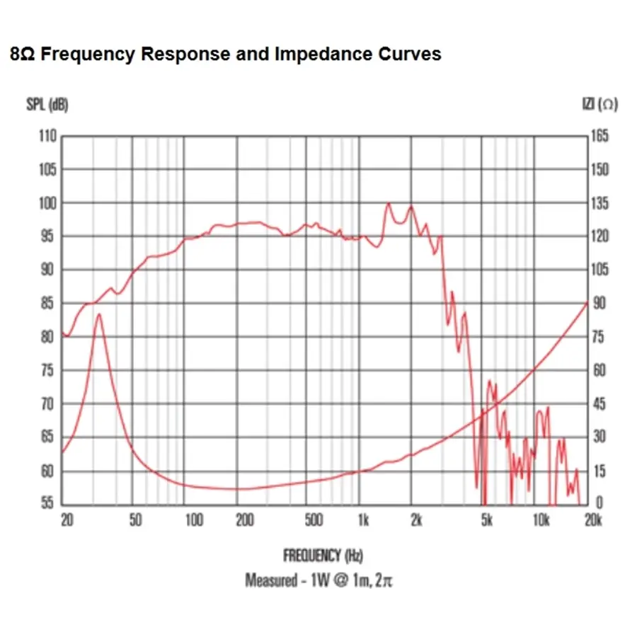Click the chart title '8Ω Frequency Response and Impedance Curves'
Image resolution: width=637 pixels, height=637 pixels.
[226, 54]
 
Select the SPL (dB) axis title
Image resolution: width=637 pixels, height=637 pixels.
[47, 105]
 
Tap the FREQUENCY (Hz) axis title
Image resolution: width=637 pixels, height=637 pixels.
[323, 556]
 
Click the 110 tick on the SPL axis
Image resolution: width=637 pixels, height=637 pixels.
[48, 136]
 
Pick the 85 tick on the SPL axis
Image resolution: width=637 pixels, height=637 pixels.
[48, 304]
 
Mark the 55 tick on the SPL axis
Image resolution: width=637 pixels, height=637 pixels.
[48, 504]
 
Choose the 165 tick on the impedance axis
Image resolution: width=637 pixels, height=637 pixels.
[599, 136]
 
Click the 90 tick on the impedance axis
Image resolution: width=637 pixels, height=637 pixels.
[599, 304]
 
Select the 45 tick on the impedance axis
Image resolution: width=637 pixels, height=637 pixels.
[599, 404]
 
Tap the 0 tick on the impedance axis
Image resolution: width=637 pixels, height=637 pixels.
[598, 504]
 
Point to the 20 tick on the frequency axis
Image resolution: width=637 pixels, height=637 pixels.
[67, 521]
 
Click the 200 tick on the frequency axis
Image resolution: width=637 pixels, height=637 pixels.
[244, 521]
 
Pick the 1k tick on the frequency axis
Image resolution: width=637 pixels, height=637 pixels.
[362, 521]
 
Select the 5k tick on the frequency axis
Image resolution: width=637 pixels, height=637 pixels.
[486, 521]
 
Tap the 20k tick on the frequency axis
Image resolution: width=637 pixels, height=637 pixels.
[592, 521]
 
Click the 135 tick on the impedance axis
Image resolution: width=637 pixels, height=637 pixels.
[599, 203]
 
